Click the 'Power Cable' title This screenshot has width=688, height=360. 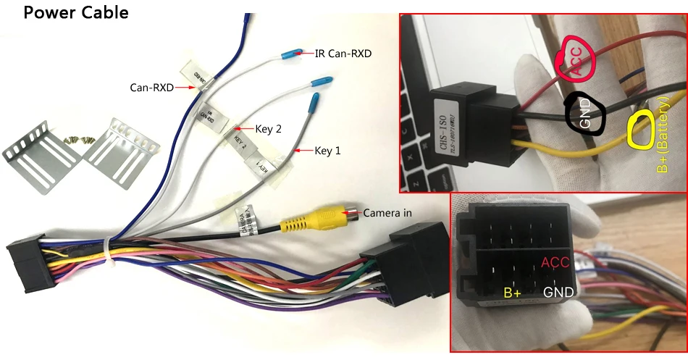(76, 12)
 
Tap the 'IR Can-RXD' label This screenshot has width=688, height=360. (343, 53)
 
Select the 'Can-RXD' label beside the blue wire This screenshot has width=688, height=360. (151, 88)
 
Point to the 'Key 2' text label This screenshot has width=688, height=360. (268, 128)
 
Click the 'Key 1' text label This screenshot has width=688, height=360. (327, 151)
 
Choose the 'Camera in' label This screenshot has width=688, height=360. (387, 212)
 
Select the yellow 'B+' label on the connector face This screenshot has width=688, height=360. (513, 293)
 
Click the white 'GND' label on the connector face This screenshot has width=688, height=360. (559, 293)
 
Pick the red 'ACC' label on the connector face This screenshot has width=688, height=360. (555, 262)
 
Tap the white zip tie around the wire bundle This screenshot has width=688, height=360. (107, 254)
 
